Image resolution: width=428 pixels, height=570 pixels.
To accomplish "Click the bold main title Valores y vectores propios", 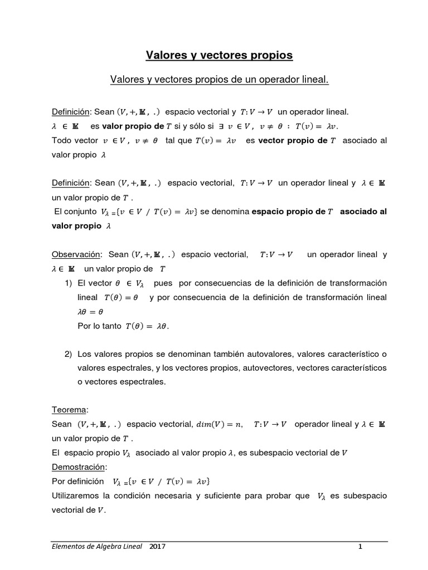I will click(218, 55).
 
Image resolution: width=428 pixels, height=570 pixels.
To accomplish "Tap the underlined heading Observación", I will click(76, 254).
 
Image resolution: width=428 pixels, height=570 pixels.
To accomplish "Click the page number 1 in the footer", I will click(360, 547).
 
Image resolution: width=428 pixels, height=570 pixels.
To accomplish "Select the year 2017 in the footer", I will click(157, 547).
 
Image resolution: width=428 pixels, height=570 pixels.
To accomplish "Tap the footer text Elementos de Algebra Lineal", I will click(94, 547).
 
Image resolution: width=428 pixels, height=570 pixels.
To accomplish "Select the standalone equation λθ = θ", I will click(90, 312).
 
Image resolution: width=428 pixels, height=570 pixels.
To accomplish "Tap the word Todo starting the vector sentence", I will click(61, 141).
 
